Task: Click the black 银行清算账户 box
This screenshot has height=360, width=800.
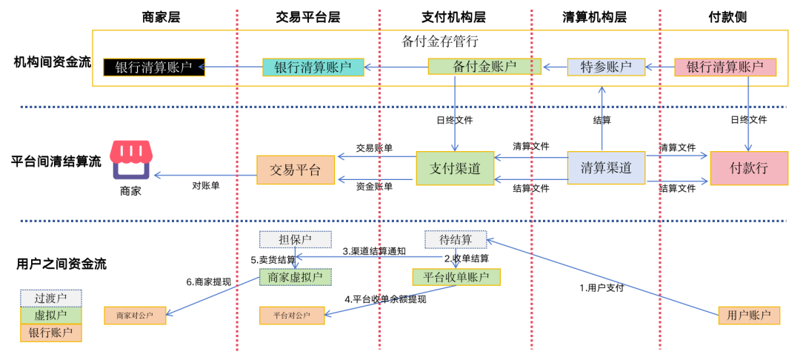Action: [154, 67]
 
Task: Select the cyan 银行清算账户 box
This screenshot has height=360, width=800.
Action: [313, 67]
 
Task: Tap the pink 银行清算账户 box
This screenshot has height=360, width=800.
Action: [724, 67]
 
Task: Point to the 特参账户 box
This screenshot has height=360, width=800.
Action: [606, 67]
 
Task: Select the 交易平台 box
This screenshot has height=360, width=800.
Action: [295, 170]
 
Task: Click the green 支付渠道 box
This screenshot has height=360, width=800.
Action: [455, 169]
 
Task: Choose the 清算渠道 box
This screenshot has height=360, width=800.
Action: [606, 168]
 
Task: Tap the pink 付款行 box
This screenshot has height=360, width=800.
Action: [747, 168]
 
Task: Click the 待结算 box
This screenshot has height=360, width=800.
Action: [455, 240]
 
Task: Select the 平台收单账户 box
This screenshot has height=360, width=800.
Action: [456, 277]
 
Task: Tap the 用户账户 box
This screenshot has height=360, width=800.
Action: [749, 316]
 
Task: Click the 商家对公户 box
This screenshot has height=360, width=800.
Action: [135, 316]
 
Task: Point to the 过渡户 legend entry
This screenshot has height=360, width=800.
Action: [50, 298]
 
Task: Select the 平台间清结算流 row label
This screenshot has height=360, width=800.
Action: [56, 161]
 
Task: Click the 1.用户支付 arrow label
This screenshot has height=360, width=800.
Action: [601, 287]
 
